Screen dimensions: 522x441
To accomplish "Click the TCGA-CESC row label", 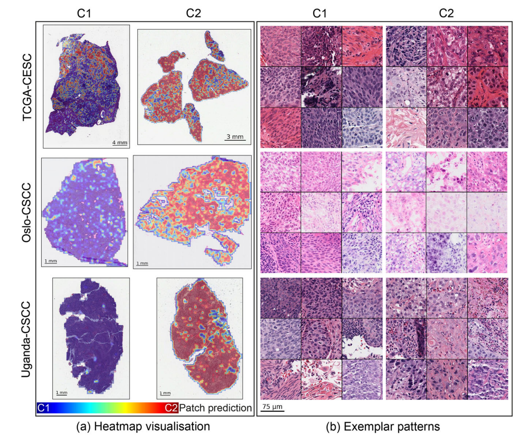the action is (27, 87).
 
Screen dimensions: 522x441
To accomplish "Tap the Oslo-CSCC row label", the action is (26, 213).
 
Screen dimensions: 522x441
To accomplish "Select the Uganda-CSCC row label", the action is (26, 339).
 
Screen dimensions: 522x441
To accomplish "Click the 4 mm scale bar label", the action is (120, 142).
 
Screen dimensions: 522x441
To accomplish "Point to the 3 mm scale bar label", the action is (235, 137).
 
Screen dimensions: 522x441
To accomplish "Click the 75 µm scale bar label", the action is (272, 406).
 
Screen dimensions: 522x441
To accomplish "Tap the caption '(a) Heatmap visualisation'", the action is (143, 426).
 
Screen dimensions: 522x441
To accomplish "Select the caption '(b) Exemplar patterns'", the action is (383, 426).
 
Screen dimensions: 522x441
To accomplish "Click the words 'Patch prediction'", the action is (215, 408).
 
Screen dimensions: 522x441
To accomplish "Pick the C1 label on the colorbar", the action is (43, 408).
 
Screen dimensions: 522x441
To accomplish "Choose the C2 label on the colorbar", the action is (172, 408).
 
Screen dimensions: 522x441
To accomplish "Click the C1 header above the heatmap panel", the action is (84, 13).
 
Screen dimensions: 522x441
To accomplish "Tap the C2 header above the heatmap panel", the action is (193, 13).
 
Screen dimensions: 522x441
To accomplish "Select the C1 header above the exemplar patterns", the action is (320, 13).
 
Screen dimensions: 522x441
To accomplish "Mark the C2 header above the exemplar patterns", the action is (446, 13).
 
